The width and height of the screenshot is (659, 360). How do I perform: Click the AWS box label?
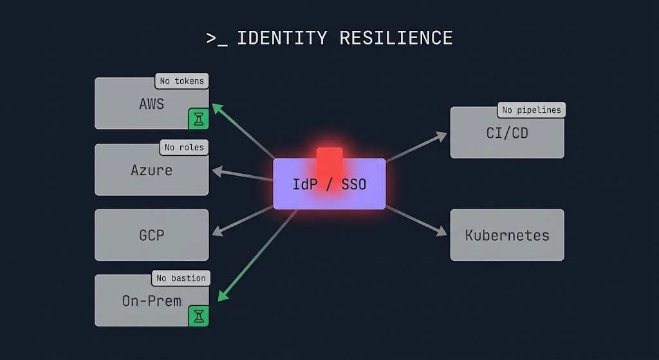point(152,104)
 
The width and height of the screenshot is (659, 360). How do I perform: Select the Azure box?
point(152,170)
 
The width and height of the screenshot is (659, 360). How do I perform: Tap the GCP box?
point(152,235)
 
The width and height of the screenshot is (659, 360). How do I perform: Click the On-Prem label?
point(152,301)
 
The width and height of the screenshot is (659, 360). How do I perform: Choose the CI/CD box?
point(507,133)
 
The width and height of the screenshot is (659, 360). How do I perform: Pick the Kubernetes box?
point(507,235)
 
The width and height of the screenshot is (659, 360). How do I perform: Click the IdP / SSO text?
point(329,184)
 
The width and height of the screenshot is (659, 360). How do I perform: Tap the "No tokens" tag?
point(181,81)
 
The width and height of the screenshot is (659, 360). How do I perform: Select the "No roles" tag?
point(184,147)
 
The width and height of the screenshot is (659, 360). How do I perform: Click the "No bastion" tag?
point(181,278)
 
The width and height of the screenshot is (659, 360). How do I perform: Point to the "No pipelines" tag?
point(532,109)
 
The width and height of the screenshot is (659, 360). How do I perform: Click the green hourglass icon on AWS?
point(199,118)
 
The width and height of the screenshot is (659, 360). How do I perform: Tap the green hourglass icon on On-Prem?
point(199,316)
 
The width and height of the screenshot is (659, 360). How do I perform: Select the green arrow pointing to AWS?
point(245,131)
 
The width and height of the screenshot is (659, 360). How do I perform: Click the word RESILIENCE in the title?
point(396,38)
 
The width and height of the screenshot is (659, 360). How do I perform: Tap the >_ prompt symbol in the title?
point(217,39)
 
